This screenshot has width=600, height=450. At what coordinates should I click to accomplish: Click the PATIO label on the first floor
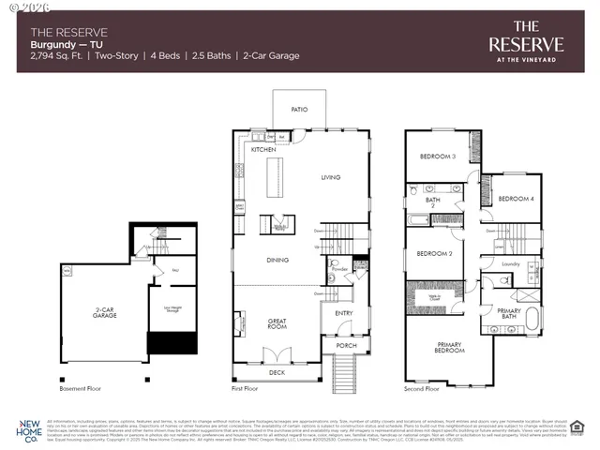click(x=299, y=109)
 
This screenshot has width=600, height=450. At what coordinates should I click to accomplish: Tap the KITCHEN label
click(x=262, y=150)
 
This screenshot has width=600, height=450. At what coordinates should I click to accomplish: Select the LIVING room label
click(x=331, y=177)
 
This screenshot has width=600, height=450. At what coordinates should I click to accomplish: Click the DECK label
click(x=276, y=372)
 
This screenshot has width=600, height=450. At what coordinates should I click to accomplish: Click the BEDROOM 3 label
click(x=437, y=157)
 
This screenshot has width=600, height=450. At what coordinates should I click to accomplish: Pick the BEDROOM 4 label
click(x=515, y=199)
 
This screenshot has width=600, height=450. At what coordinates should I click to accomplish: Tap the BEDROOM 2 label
click(x=435, y=254)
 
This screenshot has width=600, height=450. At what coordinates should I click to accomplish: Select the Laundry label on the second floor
click(x=510, y=264)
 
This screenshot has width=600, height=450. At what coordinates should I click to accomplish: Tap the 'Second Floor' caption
click(x=422, y=387)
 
